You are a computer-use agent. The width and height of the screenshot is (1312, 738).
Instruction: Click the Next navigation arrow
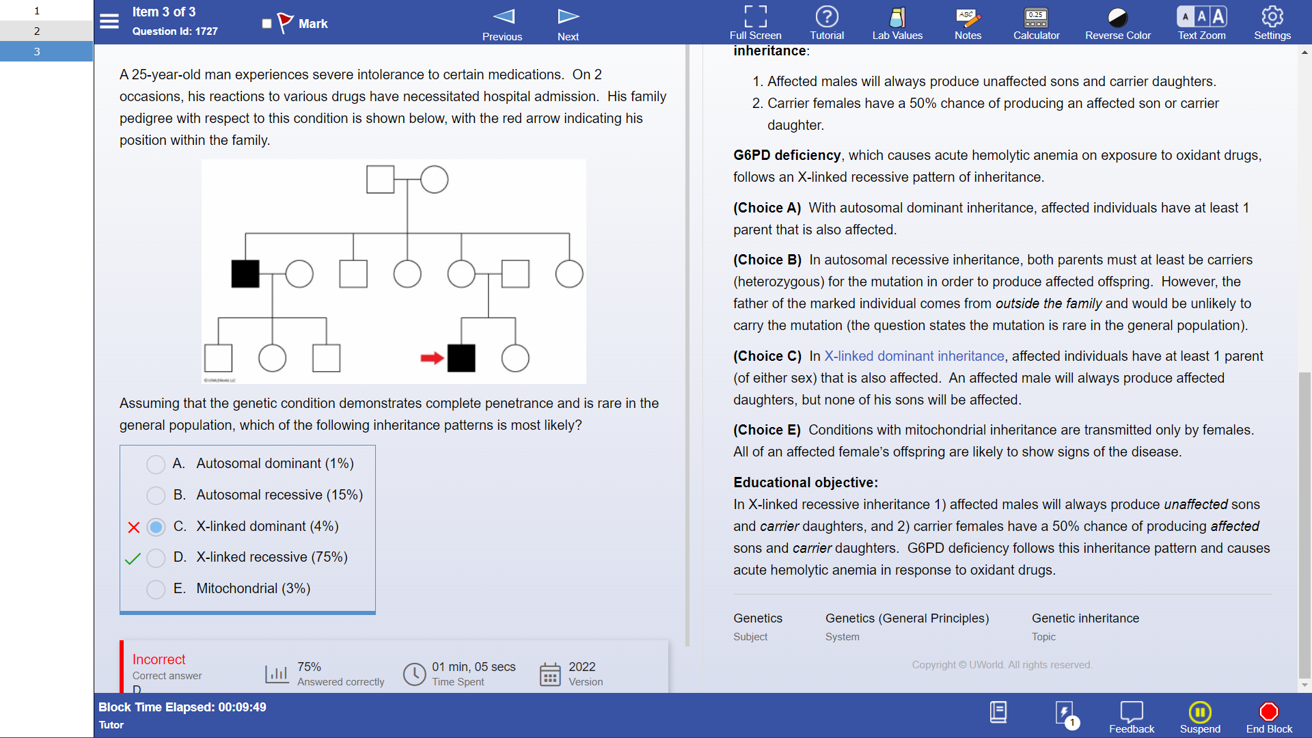click(x=568, y=16)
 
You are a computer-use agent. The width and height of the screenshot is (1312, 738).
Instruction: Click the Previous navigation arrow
click(x=504, y=16)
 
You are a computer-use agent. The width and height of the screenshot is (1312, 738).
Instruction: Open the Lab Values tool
click(x=897, y=17)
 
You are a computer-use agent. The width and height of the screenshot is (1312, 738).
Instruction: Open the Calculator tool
click(x=1036, y=17)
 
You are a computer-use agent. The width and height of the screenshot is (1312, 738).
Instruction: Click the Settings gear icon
click(x=1272, y=16)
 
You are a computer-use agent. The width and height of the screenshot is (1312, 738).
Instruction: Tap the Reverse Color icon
click(x=1118, y=17)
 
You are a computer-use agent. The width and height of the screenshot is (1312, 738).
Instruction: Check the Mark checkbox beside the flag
click(x=266, y=24)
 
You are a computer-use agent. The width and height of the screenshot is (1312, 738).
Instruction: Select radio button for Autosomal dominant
click(x=156, y=464)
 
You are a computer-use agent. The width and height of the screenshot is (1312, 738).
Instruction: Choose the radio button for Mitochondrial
click(x=156, y=589)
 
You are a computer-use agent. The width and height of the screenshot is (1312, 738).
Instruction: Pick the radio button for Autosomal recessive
click(x=156, y=495)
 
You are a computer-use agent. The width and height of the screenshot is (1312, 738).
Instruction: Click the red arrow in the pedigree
click(x=432, y=358)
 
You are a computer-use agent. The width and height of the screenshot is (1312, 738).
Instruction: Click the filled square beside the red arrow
click(x=461, y=358)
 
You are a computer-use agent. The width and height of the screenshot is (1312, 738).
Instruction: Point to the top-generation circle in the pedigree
click(x=435, y=180)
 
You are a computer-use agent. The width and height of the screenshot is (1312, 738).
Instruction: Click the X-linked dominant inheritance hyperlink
click(x=914, y=356)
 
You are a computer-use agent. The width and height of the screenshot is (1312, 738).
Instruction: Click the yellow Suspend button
click(x=1200, y=712)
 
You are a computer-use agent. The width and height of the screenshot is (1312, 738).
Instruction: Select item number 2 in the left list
click(x=37, y=31)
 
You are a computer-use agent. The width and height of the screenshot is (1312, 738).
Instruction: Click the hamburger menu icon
click(x=109, y=21)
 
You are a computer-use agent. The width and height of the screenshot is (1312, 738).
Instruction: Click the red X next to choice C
click(x=134, y=528)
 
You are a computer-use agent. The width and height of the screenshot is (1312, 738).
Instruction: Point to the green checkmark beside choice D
click(x=133, y=558)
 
